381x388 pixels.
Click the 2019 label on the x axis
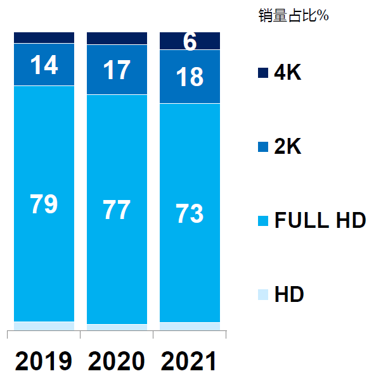tap(44, 361)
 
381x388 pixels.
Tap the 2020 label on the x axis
tap(117, 361)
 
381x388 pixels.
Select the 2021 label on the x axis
tap(189, 361)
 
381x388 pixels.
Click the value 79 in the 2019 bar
tap(44, 204)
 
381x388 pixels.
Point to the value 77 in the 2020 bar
tap(117, 210)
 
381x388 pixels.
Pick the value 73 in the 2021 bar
tap(190, 214)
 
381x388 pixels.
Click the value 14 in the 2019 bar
tap(44, 65)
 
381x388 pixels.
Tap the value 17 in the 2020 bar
tap(117, 70)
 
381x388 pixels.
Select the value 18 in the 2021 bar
tap(190, 77)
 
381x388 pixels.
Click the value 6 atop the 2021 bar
tap(190, 42)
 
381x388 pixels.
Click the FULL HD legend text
tap(320, 221)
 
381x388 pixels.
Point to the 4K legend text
tap(288, 73)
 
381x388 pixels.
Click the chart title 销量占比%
tap(294, 16)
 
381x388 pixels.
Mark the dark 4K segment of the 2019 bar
tap(44, 37)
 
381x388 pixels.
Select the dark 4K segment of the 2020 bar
tap(117, 38)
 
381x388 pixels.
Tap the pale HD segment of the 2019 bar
tap(44, 326)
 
